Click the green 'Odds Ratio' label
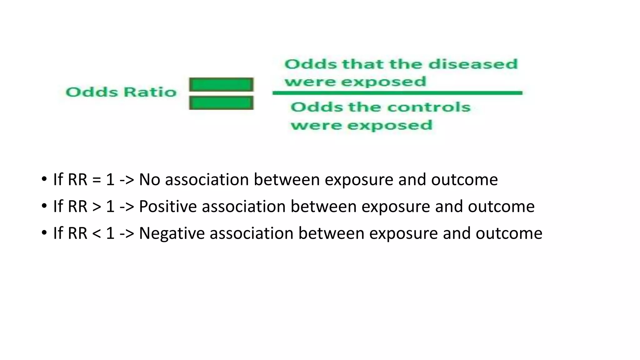121,92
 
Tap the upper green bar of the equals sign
221,84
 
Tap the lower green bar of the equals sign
221,103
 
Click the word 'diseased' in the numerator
473,64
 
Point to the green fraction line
397,93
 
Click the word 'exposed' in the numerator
383,82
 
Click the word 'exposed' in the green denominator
390,125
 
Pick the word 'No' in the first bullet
149,180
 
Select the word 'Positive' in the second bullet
168,207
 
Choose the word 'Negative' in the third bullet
172,233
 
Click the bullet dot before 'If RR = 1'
44,179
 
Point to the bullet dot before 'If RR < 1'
44,233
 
